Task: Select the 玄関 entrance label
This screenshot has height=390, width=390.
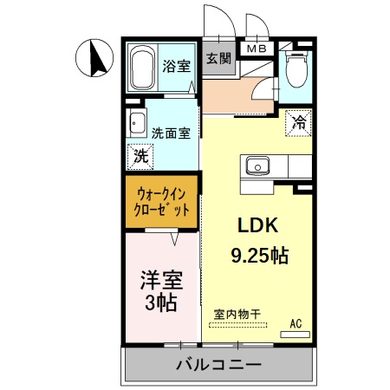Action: coord(218,59)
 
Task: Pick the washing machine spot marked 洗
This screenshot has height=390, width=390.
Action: coord(140,157)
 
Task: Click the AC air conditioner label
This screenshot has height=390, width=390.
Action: coord(296,324)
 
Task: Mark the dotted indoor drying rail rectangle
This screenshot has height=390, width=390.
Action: coord(237,327)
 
